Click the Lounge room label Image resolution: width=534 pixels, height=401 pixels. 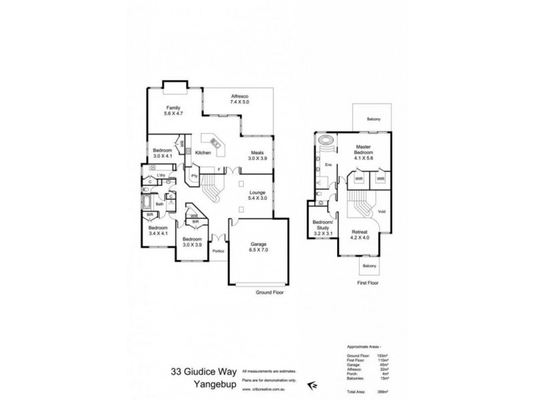click(257, 195)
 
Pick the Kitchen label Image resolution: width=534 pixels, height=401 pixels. click(203, 153)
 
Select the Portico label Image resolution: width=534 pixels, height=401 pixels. click(218, 251)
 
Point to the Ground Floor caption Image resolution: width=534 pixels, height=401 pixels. click(270, 293)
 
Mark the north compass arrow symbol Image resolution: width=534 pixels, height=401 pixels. click(312, 385)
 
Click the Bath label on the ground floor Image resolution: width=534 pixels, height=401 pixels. click(160, 205)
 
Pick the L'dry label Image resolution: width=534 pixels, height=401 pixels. click(161, 175)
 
